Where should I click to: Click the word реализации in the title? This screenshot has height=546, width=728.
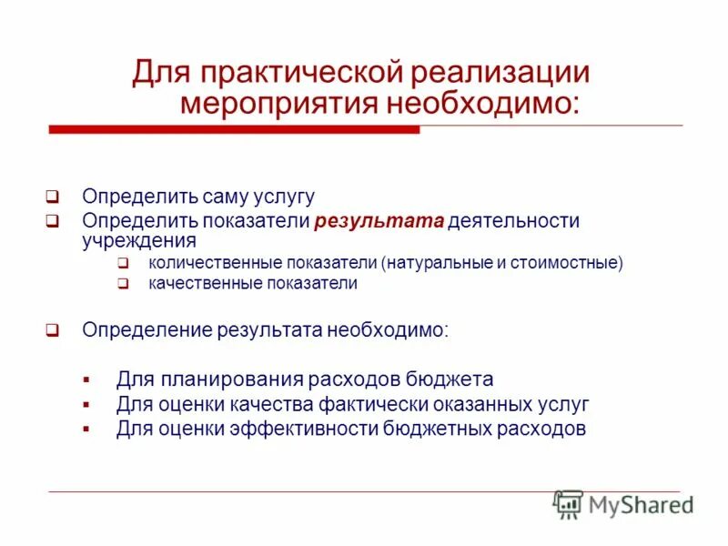502,73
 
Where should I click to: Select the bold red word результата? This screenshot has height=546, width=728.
379,221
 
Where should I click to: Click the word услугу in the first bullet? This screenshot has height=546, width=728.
285,196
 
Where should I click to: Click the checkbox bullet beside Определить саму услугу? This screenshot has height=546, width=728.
53,196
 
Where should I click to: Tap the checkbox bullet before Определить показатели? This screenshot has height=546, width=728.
53,221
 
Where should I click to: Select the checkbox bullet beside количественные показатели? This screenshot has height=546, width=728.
122,263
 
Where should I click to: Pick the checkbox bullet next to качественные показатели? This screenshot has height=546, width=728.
122,283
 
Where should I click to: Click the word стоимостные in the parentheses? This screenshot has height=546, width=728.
566,263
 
